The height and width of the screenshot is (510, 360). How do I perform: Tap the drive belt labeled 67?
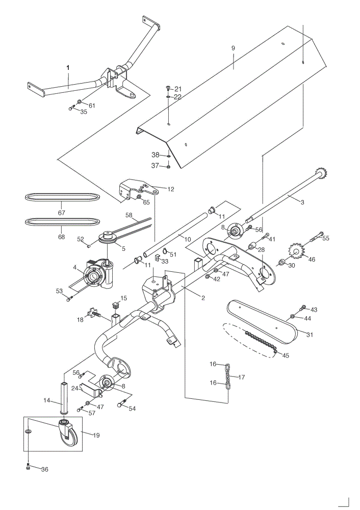coord(62,197)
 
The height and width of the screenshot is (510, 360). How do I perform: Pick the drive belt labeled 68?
coord(62,222)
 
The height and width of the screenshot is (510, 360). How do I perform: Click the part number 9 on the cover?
coord(233,48)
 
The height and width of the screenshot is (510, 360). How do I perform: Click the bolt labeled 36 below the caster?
coord(28,467)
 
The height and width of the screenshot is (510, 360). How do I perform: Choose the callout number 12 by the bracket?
coord(171,189)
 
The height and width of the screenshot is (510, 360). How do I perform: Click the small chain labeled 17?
coord(228,377)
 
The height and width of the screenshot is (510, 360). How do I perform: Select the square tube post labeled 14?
coord(64,398)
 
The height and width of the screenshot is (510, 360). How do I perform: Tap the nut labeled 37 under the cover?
coord(168,167)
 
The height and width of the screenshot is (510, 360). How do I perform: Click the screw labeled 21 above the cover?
coord(168,88)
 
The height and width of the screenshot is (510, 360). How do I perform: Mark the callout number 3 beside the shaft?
coord(302,202)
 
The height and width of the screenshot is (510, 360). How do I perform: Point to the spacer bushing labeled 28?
coord(252,246)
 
